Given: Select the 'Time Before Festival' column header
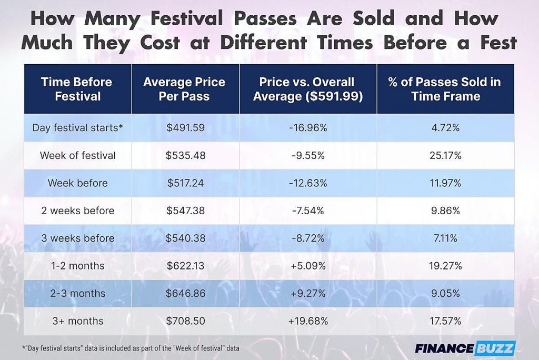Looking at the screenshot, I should [x=77, y=89].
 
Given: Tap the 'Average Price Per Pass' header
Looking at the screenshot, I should [x=184, y=89].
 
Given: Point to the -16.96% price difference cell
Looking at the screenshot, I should [x=308, y=128].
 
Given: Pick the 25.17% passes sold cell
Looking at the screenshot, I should [x=445, y=156].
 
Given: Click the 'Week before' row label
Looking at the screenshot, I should [x=77, y=183].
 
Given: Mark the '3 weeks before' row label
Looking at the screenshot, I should [x=77, y=238].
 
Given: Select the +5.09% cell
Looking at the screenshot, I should [x=308, y=266].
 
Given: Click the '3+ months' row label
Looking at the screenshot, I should [x=77, y=321].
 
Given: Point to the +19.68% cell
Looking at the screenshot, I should [x=308, y=321].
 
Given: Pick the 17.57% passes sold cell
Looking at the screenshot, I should [x=445, y=321].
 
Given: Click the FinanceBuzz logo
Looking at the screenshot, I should [x=464, y=348].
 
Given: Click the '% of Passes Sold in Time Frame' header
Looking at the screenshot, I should [x=445, y=89].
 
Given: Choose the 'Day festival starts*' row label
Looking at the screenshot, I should [x=77, y=128].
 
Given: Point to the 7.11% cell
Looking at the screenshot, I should [x=445, y=238].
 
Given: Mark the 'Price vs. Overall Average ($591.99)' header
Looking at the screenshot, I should [x=308, y=89].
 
